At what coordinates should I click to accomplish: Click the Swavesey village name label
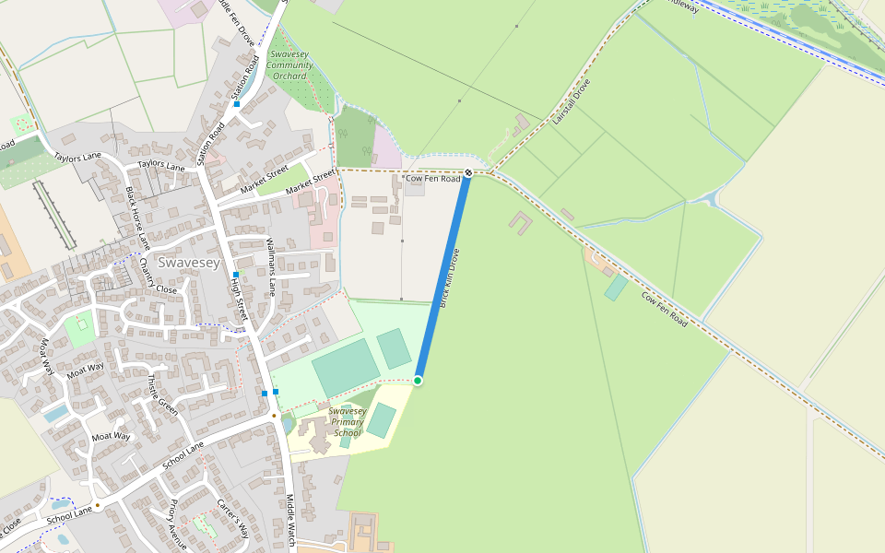(189, 263)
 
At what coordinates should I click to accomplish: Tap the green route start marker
(418, 381)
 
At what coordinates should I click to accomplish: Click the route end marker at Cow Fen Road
(468, 172)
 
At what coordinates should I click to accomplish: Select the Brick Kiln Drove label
(450, 277)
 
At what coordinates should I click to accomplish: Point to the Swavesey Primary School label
(347, 422)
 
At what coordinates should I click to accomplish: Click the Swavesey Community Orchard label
(289, 65)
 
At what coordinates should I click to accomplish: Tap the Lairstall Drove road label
(571, 101)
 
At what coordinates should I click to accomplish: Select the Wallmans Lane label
(271, 266)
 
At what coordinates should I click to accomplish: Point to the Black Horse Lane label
(136, 218)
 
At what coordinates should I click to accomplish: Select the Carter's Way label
(232, 519)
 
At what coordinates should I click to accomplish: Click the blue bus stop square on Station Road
(237, 104)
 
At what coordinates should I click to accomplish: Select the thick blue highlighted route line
(443, 276)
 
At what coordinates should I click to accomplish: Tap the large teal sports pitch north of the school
(345, 367)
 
